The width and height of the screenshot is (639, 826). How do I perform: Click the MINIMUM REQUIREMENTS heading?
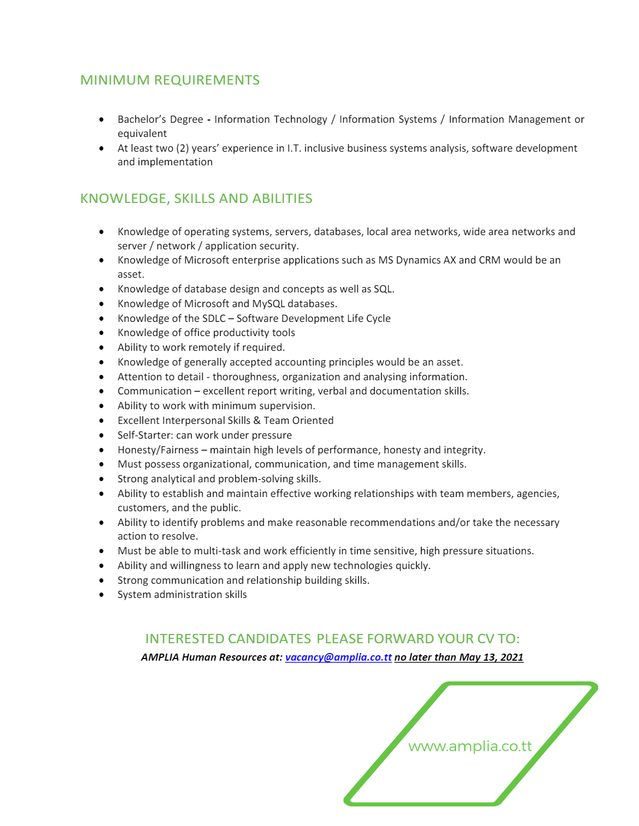coord(170,80)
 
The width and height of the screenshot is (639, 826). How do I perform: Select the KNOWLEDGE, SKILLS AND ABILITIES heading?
coord(196,199)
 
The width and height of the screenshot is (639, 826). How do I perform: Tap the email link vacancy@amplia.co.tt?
coord(338,657)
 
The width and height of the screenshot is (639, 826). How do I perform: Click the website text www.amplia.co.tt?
coord(470,746)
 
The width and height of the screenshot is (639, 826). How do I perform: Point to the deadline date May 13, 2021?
coord(491,657)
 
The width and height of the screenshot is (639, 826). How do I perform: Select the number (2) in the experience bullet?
coord(182,148)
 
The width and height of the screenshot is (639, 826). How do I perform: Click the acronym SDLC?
coord(214,319)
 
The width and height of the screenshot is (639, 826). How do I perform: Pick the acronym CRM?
coord(489,260)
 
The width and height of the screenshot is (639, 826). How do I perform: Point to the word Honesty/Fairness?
coord(158,450)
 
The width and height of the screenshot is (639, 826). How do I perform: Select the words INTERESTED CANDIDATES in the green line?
coord(228,639)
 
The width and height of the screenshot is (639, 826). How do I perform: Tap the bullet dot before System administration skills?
coord(102,595)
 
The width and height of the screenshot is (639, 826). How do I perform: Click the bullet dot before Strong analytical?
coord(102,479)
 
